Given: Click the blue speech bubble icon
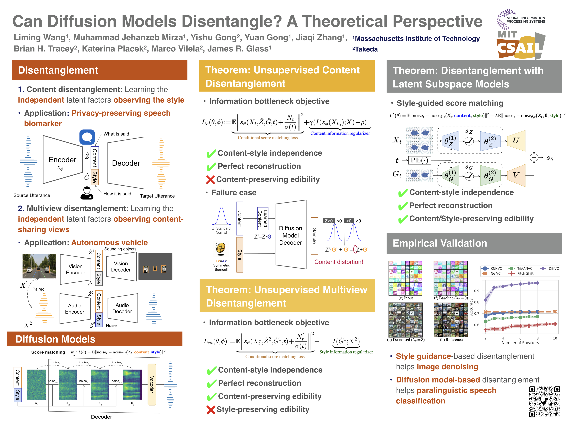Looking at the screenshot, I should (87, 137).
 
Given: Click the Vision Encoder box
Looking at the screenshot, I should (75, 269).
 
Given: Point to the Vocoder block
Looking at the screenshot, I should (152, 384).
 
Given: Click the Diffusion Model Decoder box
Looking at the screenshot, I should (290, 235).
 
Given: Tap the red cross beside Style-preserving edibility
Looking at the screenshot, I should (211, 410).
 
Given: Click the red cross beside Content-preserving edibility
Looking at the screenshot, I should (210, 180).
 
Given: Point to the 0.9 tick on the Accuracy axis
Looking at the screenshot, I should (477, 291).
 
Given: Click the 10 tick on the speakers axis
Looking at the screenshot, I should (555, 338).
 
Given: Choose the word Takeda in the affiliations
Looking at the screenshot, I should (366, 49).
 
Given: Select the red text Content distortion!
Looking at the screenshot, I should (339, 262).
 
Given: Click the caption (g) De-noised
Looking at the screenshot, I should (406, 340).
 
